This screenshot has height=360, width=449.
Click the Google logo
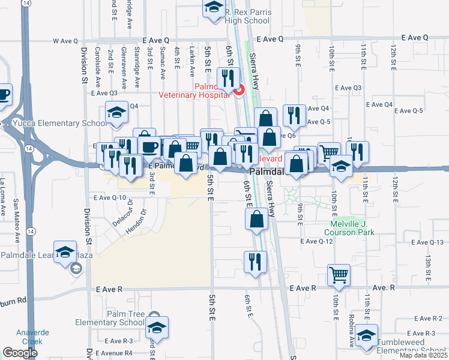click(20, 353)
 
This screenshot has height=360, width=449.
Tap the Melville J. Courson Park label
click(349, 228)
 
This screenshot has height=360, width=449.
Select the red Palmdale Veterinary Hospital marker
click(239, 91)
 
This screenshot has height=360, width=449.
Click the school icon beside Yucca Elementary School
click(116, 112)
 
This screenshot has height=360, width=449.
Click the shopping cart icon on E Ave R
click(339, 275)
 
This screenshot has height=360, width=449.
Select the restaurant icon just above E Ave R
click(255, 262)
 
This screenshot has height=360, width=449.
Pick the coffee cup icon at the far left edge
click(4, 94)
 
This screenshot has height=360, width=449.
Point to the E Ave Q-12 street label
click(316, 241)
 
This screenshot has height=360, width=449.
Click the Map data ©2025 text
click(423, 355)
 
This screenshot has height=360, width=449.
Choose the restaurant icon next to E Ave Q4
click(292, 116)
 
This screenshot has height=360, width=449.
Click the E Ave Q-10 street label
click(109, 197)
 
